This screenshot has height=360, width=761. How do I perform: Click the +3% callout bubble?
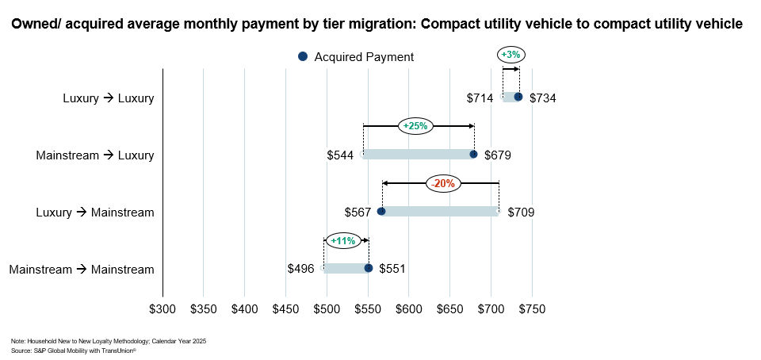511,55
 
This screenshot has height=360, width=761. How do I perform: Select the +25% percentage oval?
415,125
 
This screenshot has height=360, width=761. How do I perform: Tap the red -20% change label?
442,183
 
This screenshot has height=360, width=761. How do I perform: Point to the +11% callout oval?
342,240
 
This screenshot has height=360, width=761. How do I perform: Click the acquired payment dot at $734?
518,97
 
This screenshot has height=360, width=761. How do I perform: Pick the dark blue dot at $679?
473,154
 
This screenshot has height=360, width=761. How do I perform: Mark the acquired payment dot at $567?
381,212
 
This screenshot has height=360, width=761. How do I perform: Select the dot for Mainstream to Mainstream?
369,268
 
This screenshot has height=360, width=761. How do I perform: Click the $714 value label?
480,98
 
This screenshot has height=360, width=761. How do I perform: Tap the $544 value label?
340,155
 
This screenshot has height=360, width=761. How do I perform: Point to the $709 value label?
521,213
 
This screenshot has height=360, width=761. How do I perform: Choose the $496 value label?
300,270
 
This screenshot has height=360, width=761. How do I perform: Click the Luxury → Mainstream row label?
95,213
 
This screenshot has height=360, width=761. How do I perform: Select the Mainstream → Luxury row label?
94,155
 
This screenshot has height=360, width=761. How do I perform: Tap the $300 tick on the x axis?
163,308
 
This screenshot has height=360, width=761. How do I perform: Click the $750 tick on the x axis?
531,308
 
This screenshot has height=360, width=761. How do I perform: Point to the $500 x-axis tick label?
327,308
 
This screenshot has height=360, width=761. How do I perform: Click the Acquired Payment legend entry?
356,57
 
